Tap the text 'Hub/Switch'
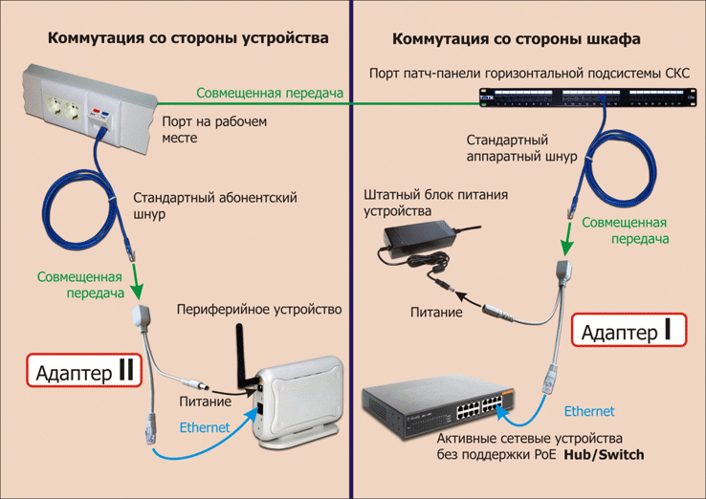click(x=604, y=455)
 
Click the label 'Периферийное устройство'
click(x=259, y=310)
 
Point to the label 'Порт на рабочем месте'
click(x=214, y=130)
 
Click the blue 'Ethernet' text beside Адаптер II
click(x=205, y=427)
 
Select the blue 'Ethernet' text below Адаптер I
click(x=588, y=411)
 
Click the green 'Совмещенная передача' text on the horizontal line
click(x=270, y=93)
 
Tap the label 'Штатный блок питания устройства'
click(x=434, y=203)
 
